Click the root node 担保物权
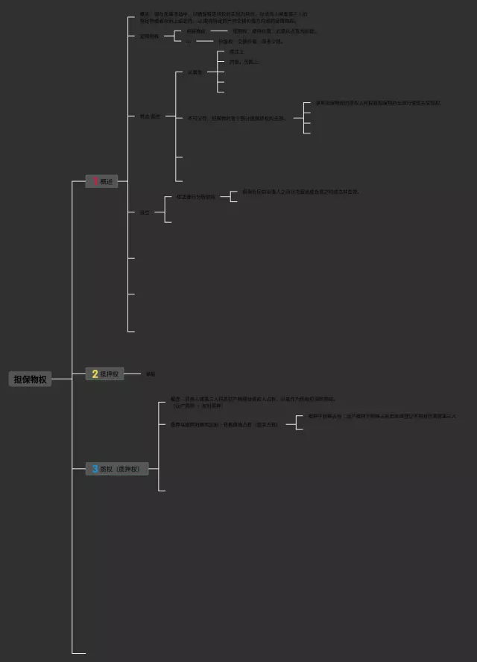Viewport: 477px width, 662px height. (x=30, y=379)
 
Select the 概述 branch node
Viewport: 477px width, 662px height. (x=107, y=181)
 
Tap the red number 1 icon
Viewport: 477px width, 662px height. (x=95, y=181)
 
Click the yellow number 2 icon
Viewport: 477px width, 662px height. (x=95, y=373)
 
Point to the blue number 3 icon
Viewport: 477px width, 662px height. (x=95, y=469)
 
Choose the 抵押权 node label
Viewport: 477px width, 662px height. (x=110, y=373)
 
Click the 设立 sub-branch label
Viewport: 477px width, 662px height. (x=144, y=212)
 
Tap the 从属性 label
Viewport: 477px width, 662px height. (x=195, y=72)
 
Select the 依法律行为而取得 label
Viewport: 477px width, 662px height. (x=195, y=197)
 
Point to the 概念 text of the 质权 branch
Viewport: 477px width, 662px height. (x=253, y=399)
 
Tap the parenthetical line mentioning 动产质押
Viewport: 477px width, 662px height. (x=198, y=406)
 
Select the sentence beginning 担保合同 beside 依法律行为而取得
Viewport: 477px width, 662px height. (x=300, y=192)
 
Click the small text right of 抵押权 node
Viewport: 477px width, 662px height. (x=151, y=373)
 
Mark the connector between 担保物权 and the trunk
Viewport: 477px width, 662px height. (x=62, y=379)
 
